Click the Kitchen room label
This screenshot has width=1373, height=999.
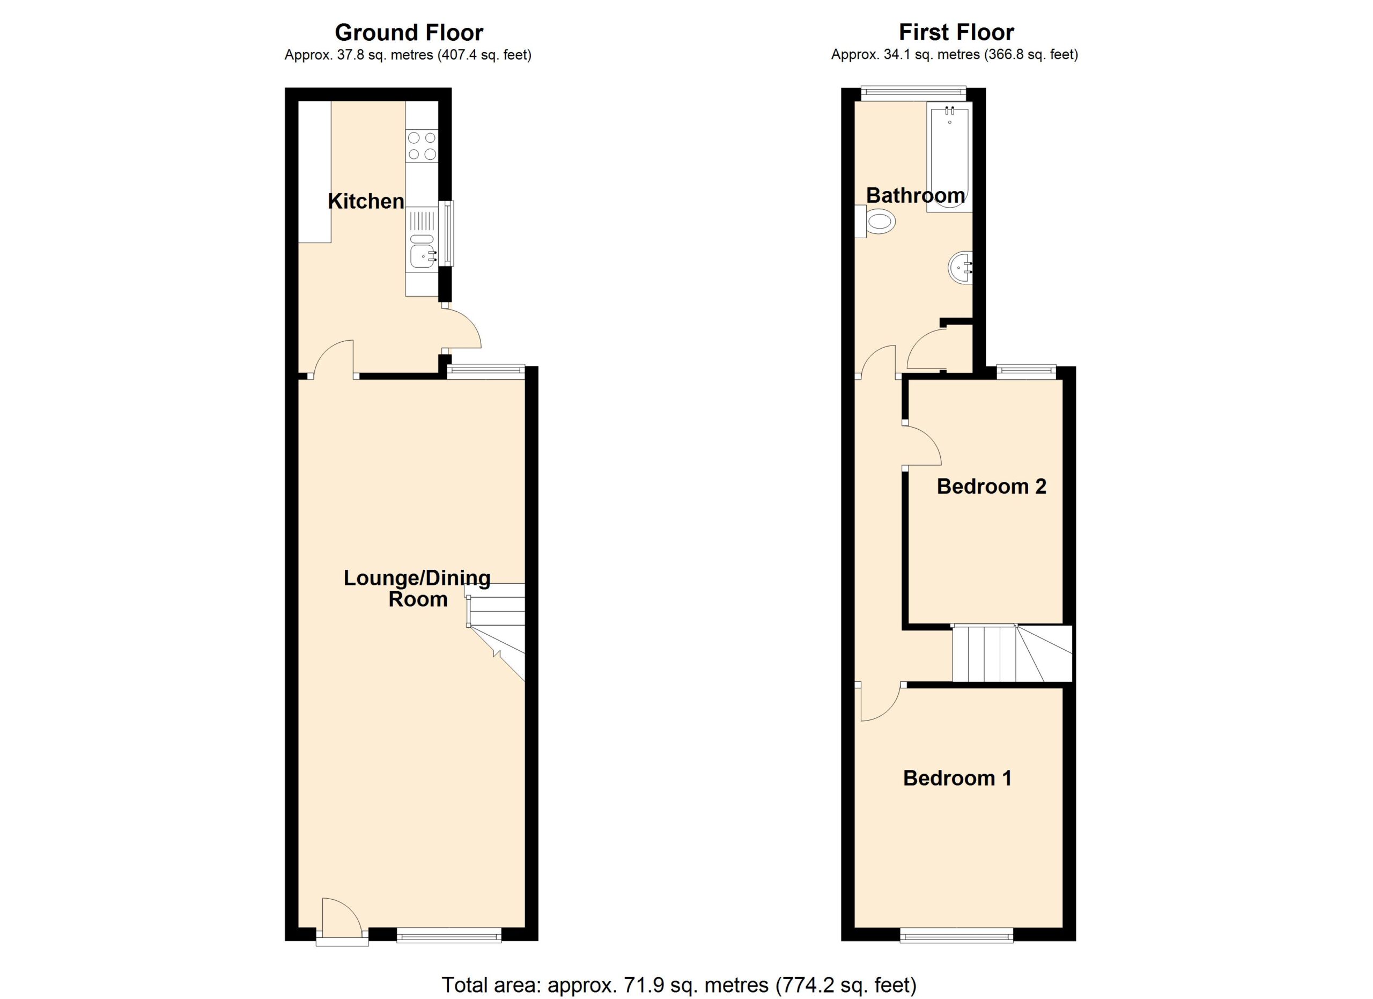pos(366,202)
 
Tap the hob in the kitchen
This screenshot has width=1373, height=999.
pos(422,146)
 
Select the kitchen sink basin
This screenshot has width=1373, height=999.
pos(422,255)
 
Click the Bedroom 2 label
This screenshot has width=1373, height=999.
pos(992,486)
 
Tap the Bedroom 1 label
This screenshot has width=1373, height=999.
pos(958,778)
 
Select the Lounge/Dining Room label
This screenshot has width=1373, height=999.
pos(417,589)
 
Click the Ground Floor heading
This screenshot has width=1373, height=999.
pos(409,32)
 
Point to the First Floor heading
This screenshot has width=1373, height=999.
pos(956,32)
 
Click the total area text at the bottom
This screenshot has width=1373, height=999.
pos(679,985)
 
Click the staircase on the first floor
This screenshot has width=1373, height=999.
pos(1012,654)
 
